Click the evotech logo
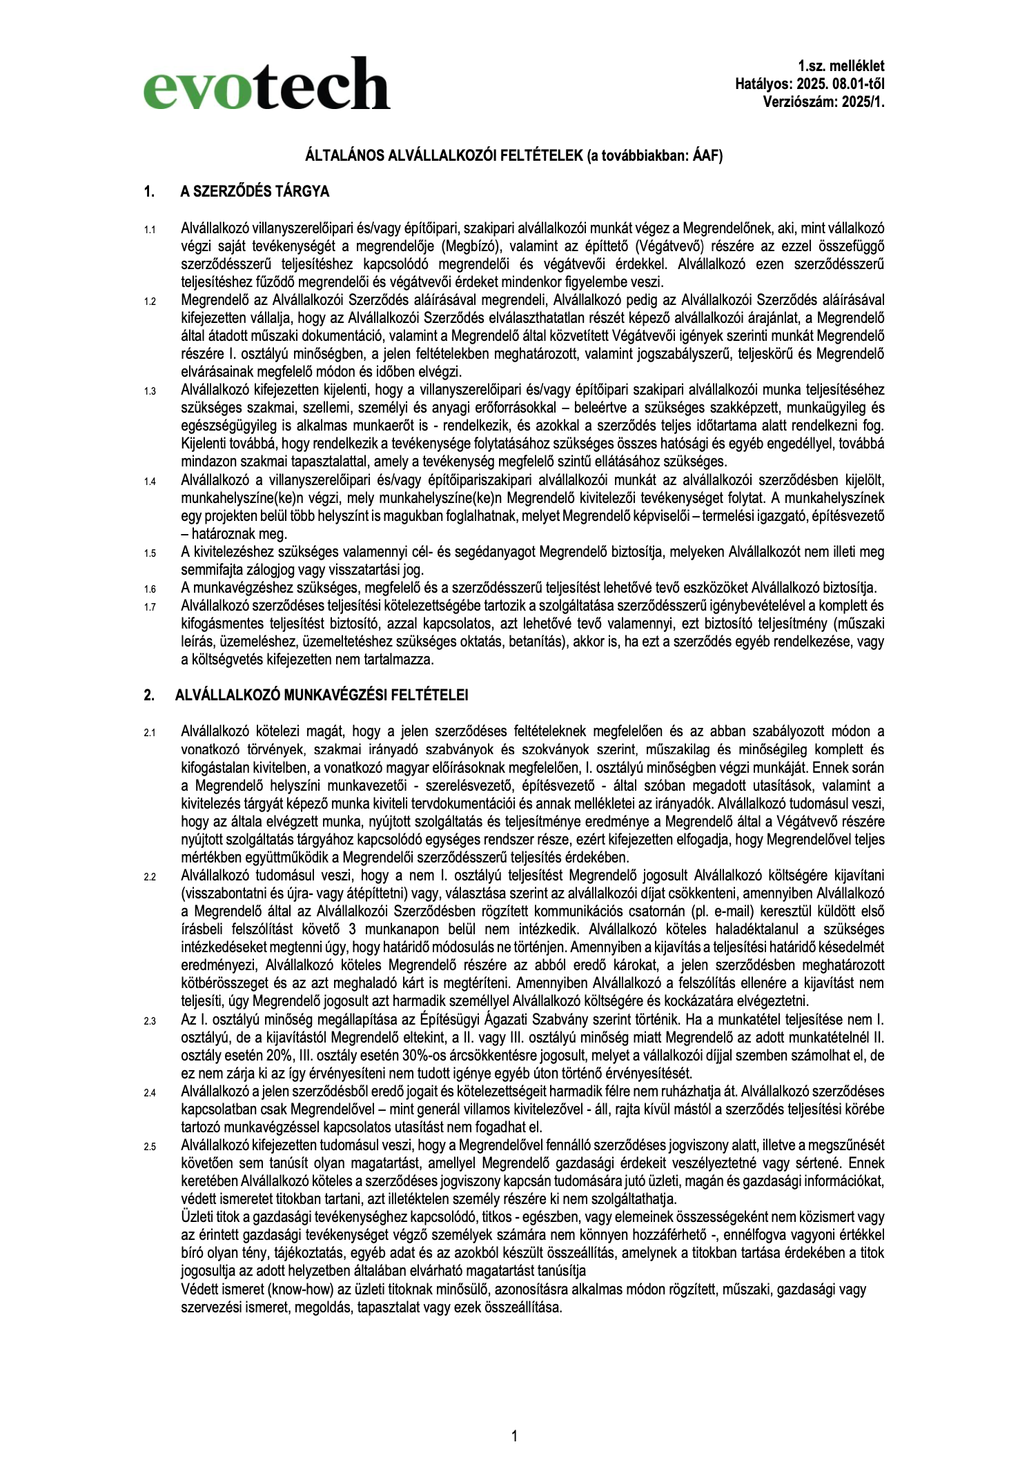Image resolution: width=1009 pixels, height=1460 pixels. [x=266, y=83]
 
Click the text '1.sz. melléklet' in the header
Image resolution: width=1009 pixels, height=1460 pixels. [x=841, y=66]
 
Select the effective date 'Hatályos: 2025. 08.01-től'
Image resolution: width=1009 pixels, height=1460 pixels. [x=810, y=84]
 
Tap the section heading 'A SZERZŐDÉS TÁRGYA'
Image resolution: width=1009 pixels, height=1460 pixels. [x=255, y=192]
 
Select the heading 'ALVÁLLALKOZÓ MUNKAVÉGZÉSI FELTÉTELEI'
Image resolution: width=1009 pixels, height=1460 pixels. [x=321, y=695]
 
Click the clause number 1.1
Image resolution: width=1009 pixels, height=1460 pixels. [x=150, y=229]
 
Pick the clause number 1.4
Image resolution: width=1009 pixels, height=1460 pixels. [x=150, y=481]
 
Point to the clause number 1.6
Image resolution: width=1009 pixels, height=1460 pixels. [x=150, y=589]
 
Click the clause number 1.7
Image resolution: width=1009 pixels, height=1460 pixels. [x=150, y=607]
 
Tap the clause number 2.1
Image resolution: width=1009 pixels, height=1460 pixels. [x=150, y=733]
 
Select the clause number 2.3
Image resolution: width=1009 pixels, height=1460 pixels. [x=150, y=1020]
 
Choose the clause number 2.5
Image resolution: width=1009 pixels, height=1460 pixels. [x=150, y=1147]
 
